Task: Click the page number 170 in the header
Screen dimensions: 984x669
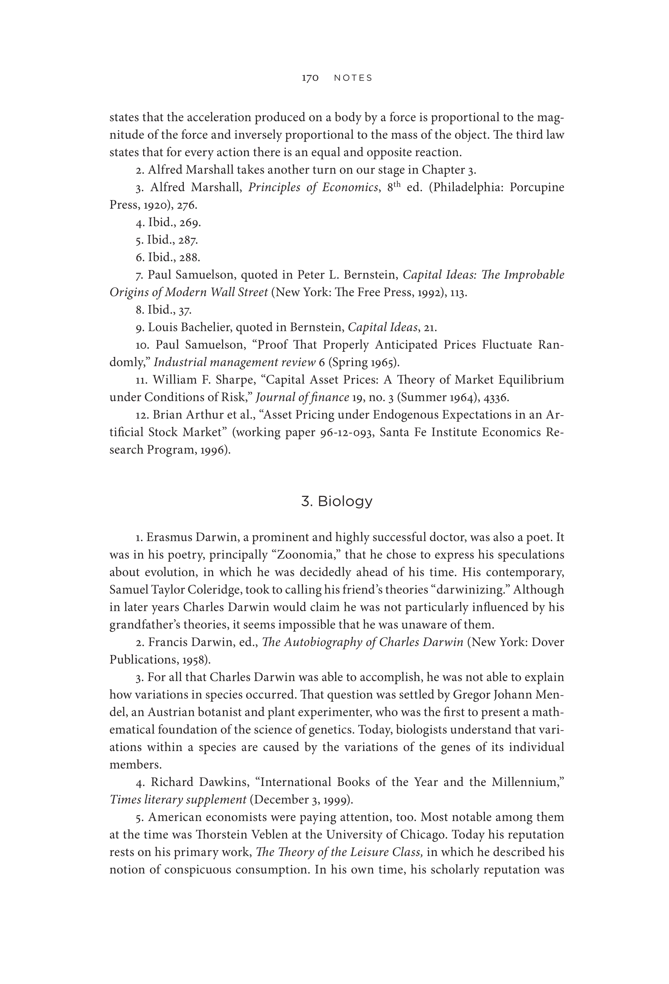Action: point(310,78)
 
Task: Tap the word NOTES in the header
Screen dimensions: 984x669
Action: point(353,78)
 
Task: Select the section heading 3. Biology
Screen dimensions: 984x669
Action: point(337,501)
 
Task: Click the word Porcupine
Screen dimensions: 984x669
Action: point(536,187)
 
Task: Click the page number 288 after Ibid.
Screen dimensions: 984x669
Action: point(190,257)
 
